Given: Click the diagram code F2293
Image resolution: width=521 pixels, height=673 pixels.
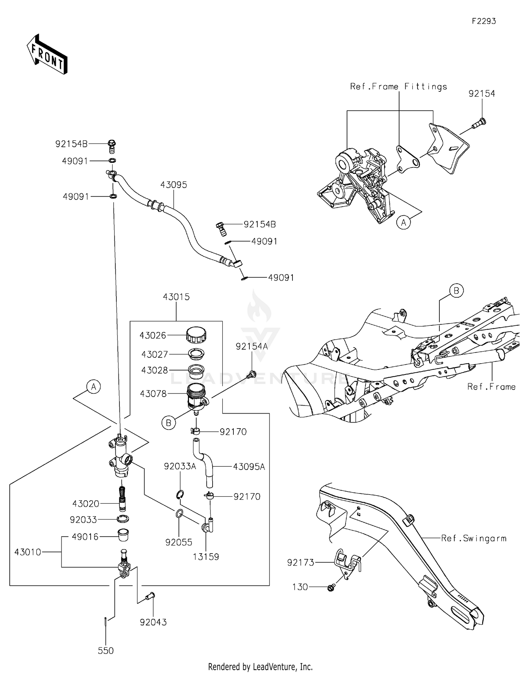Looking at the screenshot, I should tap(483, 21).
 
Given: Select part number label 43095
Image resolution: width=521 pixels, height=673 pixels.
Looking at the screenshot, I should tap(174, 185).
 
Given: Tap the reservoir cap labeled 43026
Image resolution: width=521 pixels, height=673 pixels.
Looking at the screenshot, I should tap(196, 335).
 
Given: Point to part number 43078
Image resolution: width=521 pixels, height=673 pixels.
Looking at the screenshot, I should tap(153, 394).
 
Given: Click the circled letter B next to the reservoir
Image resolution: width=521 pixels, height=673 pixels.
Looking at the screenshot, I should tap(169, 423).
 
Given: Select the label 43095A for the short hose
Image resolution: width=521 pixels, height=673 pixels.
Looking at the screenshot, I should tap(249, 467).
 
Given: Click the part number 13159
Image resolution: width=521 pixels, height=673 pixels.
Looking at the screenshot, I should tap(206, 557).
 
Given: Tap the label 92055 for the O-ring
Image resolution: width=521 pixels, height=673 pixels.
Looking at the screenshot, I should tap(179, 542).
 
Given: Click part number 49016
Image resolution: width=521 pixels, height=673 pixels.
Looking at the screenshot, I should tap(85, 537).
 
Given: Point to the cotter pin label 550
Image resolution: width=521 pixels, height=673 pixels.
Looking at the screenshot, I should tap(106, 650).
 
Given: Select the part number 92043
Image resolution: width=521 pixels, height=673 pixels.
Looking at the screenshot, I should tap(153, 622).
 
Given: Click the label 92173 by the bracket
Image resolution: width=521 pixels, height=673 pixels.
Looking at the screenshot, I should tap(300, 562).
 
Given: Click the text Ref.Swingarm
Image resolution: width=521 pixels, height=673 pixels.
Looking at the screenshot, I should tap(473, 538).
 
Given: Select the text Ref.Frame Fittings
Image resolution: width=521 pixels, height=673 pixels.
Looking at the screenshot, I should tap(398, 86).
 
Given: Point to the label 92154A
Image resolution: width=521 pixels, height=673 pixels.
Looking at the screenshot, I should tap(252, 346).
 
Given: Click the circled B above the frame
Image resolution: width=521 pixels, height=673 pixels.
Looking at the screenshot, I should tap(456, 290).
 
